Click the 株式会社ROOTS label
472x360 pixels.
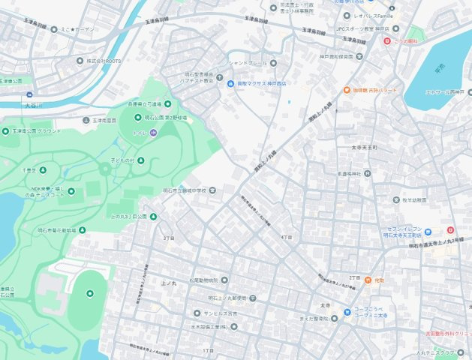coord(103,60)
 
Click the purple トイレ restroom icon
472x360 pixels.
coord(153,133)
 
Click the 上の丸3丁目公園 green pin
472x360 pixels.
coord(153,217)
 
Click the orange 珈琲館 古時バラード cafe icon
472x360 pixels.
coord(347,90)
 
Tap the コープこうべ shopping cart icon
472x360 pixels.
coord(347,313)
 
